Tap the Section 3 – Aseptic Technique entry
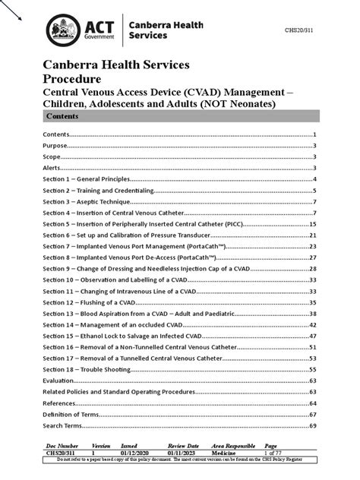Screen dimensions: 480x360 point(84,202)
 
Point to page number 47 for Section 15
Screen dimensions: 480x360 point(312,335)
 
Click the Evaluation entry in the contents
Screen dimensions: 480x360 point(58,380)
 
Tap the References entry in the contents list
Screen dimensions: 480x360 point(59,403)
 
